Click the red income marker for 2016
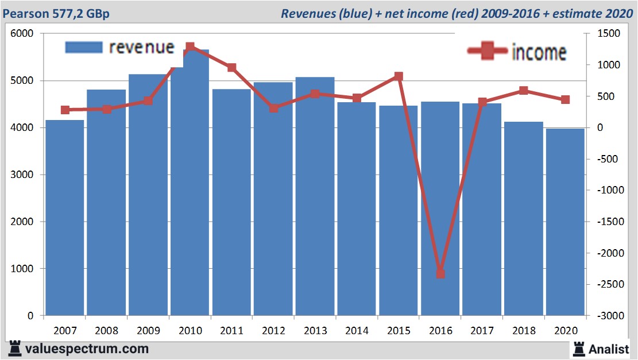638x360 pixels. (x=440, y=273)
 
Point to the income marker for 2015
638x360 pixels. (x=399, y=76)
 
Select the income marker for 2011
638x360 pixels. (x=231, y=68)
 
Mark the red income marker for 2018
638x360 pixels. (x=523, y=91)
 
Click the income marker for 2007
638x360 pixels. (x=65, y=110)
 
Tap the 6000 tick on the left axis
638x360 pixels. (x=22, y=34)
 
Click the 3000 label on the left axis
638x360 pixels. (x=22, y=175)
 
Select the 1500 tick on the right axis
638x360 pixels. (x=608, y=34)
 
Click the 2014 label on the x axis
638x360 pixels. (x=357, y=331)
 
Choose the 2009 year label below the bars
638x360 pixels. (x=148, y=331)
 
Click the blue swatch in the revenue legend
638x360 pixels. (x=84, y=47)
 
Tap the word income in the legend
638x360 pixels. (x=539, y=52)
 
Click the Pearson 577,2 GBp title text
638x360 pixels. (x=56, y=13)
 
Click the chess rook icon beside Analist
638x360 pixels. (x=579, y=348)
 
